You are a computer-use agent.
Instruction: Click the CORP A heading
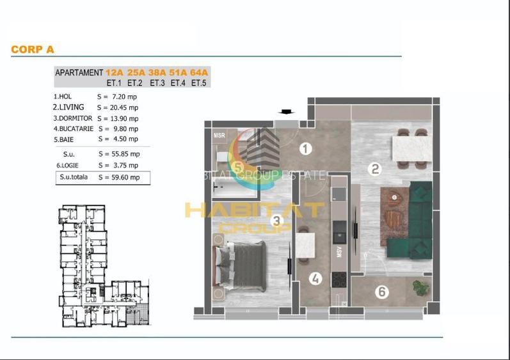(33, 49)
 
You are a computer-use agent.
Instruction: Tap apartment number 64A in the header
(200, 73)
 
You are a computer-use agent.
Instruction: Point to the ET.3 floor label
(157, 82)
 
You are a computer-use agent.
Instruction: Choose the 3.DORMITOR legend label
(72, 118)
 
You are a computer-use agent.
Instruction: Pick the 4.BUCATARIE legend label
(73, 129)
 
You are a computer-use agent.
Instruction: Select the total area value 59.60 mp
(123, 178)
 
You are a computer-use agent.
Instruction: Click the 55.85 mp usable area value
(123, 154)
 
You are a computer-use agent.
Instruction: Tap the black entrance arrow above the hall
(285, 113)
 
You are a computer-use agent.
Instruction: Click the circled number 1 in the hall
(306, 149)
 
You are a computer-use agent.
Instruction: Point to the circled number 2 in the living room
(376, 169)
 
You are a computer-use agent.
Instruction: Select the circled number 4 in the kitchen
(314, 278)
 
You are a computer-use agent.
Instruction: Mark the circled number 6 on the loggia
(382, 292)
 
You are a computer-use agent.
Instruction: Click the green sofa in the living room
(420, 221)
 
